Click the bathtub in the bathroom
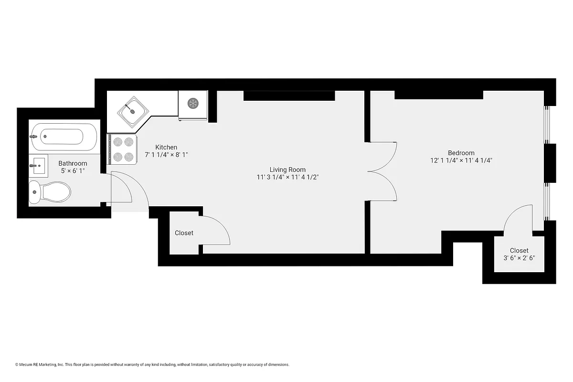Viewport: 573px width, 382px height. click(64, 136)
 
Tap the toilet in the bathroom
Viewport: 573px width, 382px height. click(50, 192)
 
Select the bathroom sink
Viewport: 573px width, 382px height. click(38, 166)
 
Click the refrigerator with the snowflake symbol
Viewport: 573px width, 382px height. click(193, 104)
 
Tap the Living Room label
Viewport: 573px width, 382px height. click(287, 170)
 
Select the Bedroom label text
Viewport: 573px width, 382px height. click(461, 153)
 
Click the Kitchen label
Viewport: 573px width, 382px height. click(166, 147)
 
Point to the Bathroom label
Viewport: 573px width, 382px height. click(73, 163)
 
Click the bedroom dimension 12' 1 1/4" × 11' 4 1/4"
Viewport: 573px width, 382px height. click(461, 160)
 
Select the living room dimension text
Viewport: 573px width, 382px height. click(287, 177)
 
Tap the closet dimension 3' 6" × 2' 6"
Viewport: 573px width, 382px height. click(519, 258)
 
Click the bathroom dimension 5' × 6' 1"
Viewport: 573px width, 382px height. click(73, 171)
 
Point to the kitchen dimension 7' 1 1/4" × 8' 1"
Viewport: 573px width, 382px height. click(166, 155)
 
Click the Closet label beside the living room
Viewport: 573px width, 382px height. click(184, 233)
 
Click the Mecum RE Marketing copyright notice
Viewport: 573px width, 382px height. click(152, 365)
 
